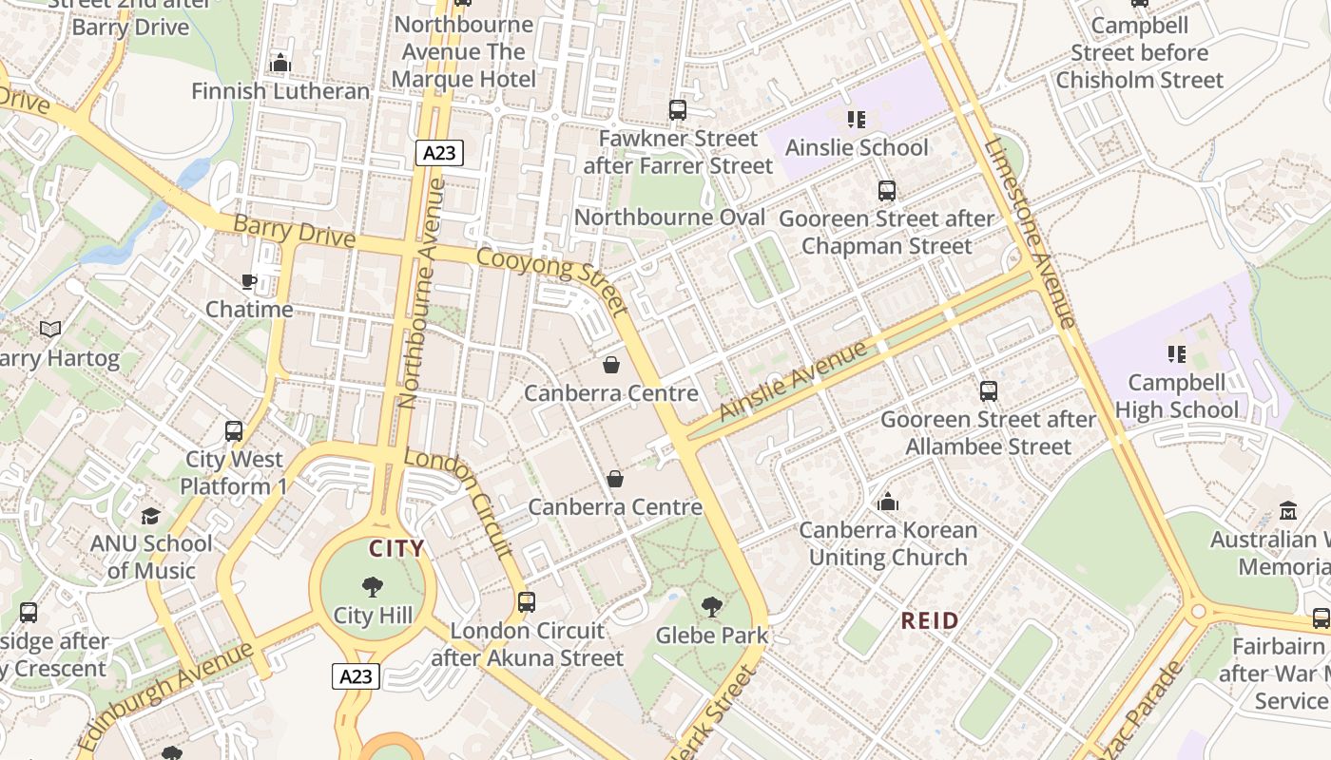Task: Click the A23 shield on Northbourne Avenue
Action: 439,153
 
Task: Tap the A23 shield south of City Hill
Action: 357,676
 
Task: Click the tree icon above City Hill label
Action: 373,587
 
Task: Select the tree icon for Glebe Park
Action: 711,606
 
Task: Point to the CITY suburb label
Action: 396,548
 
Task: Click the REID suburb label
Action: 930,620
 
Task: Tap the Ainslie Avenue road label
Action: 793,380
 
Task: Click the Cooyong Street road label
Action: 552,281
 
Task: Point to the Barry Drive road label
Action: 294,231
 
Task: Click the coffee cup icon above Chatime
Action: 249,281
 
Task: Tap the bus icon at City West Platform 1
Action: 234,431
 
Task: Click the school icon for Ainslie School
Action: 857,120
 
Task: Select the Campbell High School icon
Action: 1177,354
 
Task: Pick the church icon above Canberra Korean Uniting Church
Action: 888,502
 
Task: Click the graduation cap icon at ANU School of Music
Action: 151,516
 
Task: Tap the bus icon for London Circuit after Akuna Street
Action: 527,601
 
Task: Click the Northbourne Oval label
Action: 669,218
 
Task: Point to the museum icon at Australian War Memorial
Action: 1288,511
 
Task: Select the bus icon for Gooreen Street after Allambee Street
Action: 989,390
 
